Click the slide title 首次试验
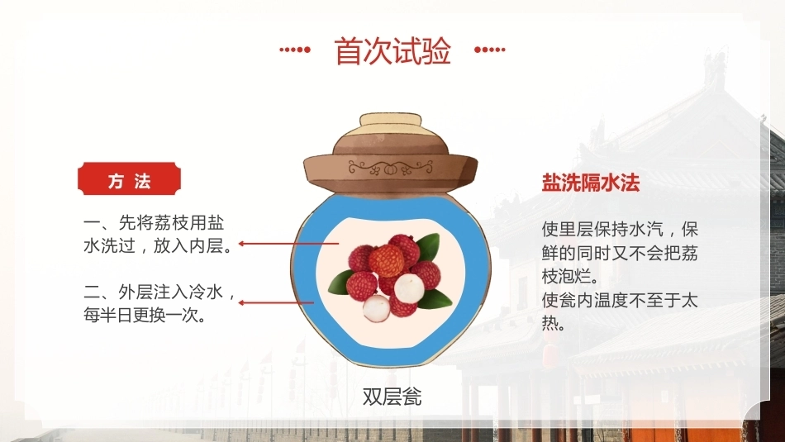pyautogui.click(x=392, y=50)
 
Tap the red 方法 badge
pyautogui.click(x=129, y=178)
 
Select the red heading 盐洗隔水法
pyautogui.click(x=591, y=183)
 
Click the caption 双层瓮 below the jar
pyautogui.click(x=392, y=397)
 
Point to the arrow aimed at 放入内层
pyautogui.click(x=289, y=244)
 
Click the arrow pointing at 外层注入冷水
pyautogui.click(x=276, y=302)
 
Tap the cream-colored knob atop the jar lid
pyautogui.click(x=391, y=125)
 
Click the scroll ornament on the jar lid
pyautogui.click(x=391, y=168)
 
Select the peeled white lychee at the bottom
pyautogui.click(x=377, y=308)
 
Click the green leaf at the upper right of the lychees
pyautogui.click(x=427, y=248)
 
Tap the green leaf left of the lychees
pyautogui.click(x=340, y=283)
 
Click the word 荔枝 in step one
pyautogui.click(x=171, y=223)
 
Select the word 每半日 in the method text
pyautogui.click(x=109, y=315)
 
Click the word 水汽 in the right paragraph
pyautogui.click(x=645, y=230)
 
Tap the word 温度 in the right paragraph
pyautogui.click(x=611, y=301)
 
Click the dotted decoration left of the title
pyautogui.click(x=295, y=50)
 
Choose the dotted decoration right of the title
pyautogui.click(x=490, y=50)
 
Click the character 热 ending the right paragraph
pyautogui.click(x=550, y=323)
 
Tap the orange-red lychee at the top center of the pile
pyautogui.click(x=387, y=260)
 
